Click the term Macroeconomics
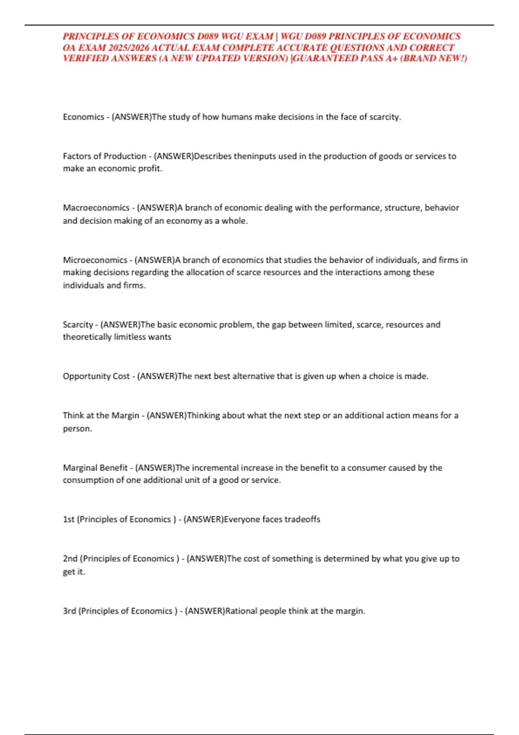pos(96,208)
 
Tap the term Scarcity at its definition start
pos(78,325)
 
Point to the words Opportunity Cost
pos(96,376)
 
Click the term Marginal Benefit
pos(95,468)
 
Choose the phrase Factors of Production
pos(104,156)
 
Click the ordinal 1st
pos(68,519)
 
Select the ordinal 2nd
pos(70,559)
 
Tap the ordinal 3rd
pos(69,611)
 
